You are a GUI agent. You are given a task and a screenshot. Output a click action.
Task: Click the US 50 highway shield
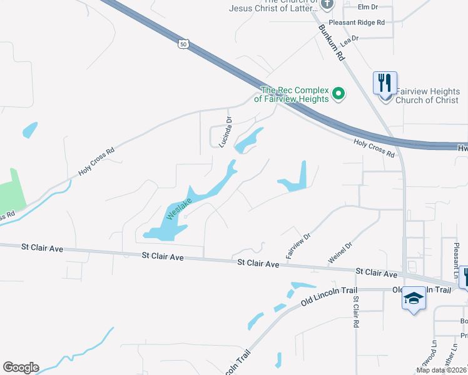coord(182,44)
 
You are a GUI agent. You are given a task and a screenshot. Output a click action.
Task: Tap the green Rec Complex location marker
coord(338,94)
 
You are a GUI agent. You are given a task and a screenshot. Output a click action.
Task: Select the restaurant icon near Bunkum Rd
coord(384,82)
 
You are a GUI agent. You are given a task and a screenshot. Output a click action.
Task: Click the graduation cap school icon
coord(413,299)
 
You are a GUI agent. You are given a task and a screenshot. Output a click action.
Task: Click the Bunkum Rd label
coord(332,42)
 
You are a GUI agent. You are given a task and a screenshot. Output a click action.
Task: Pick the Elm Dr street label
coord(368,7)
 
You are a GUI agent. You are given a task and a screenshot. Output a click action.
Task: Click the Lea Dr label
coord(349,39)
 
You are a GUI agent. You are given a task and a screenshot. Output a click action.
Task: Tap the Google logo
coord(21,367)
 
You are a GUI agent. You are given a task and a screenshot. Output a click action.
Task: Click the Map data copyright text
coord(441,370)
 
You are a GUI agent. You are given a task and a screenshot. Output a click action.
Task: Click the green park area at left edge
coord(13,191)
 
